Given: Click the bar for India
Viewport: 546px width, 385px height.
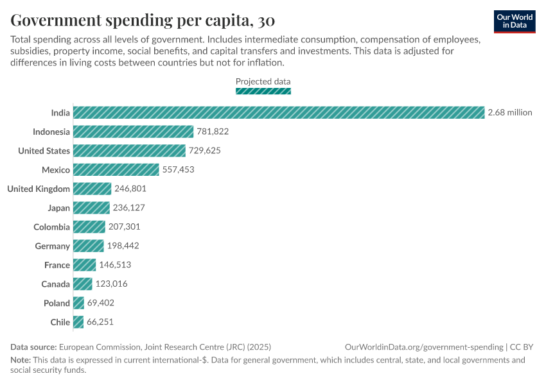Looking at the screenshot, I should point(279,112).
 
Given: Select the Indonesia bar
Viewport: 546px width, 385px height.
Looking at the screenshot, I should point(133,132).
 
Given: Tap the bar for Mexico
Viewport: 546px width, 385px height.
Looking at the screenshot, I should point(116,169).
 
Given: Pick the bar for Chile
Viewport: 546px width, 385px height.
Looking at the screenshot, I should point(78,322).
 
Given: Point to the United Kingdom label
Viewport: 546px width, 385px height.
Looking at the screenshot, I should point(39,189).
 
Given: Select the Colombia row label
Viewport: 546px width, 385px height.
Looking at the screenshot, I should point(51,227).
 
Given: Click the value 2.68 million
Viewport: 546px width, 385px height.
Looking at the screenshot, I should point(510,112).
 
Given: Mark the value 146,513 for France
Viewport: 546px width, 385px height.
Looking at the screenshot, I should point(115,265).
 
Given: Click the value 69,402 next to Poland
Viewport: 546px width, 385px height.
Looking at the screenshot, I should point(101,303).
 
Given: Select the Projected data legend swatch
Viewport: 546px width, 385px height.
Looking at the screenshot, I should point(263,91).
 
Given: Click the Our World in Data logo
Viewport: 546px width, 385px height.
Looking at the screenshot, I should point(515,21).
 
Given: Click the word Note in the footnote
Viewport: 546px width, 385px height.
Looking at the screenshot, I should point(20,360).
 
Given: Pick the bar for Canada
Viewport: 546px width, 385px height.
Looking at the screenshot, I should point(83,284).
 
